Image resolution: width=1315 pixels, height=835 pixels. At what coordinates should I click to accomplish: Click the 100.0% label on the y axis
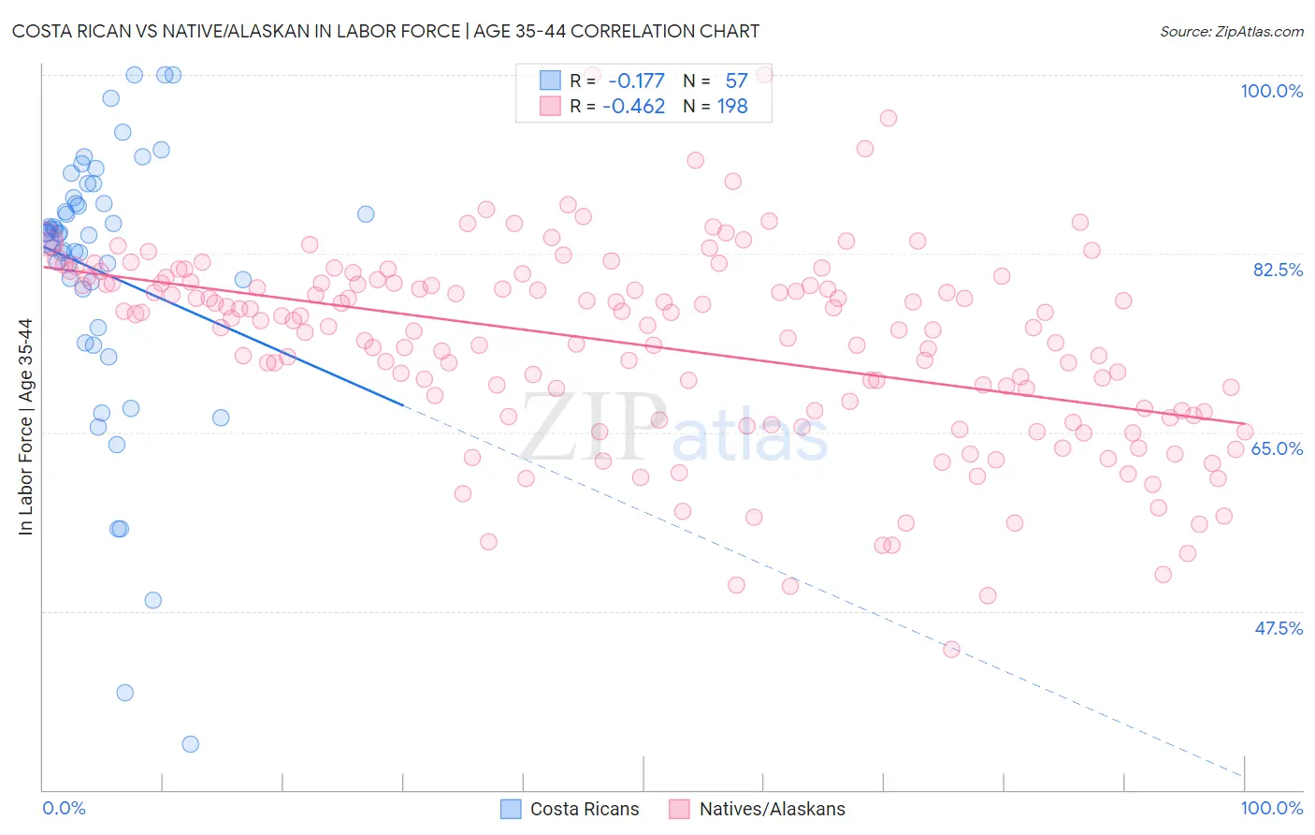click(1271, 91)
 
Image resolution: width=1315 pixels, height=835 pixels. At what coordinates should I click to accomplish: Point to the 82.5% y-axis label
click(1278, 270)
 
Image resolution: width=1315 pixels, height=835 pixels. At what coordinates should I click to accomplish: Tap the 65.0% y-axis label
click(1277, 448)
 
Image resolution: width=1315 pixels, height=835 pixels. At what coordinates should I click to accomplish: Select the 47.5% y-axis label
click(1279, 628)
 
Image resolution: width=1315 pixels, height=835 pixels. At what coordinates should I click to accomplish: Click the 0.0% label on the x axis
click(64, 808)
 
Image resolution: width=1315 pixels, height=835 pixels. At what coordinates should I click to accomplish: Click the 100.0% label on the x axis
click(1271, 808)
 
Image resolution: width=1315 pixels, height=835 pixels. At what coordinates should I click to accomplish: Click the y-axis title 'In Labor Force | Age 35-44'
click(25, 427)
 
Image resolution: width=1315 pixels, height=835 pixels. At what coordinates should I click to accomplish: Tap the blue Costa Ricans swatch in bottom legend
click(511, 809)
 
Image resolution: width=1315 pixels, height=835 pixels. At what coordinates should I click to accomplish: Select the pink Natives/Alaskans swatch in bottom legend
click(680, 809)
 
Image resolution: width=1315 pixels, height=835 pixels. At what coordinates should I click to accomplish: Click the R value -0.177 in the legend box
click(635, 81)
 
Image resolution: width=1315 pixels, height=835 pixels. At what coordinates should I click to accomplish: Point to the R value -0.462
click(633, 107)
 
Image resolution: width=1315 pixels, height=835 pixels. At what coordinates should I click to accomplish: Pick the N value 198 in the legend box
click(732, 107)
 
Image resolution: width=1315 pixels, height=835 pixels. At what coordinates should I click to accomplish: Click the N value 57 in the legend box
click(736, 81)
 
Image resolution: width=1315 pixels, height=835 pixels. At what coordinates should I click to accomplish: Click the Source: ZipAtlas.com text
click(1231, 32)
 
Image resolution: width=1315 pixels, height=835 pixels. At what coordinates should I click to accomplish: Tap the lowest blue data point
click(190, 744)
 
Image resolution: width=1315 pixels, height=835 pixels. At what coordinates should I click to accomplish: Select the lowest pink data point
click(951, 650)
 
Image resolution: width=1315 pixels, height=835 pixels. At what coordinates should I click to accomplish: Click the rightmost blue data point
click(366, 214)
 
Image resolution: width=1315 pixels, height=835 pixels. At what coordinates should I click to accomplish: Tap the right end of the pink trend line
click(1245, 424)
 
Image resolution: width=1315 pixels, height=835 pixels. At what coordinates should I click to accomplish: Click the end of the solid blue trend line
click(402, 404)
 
